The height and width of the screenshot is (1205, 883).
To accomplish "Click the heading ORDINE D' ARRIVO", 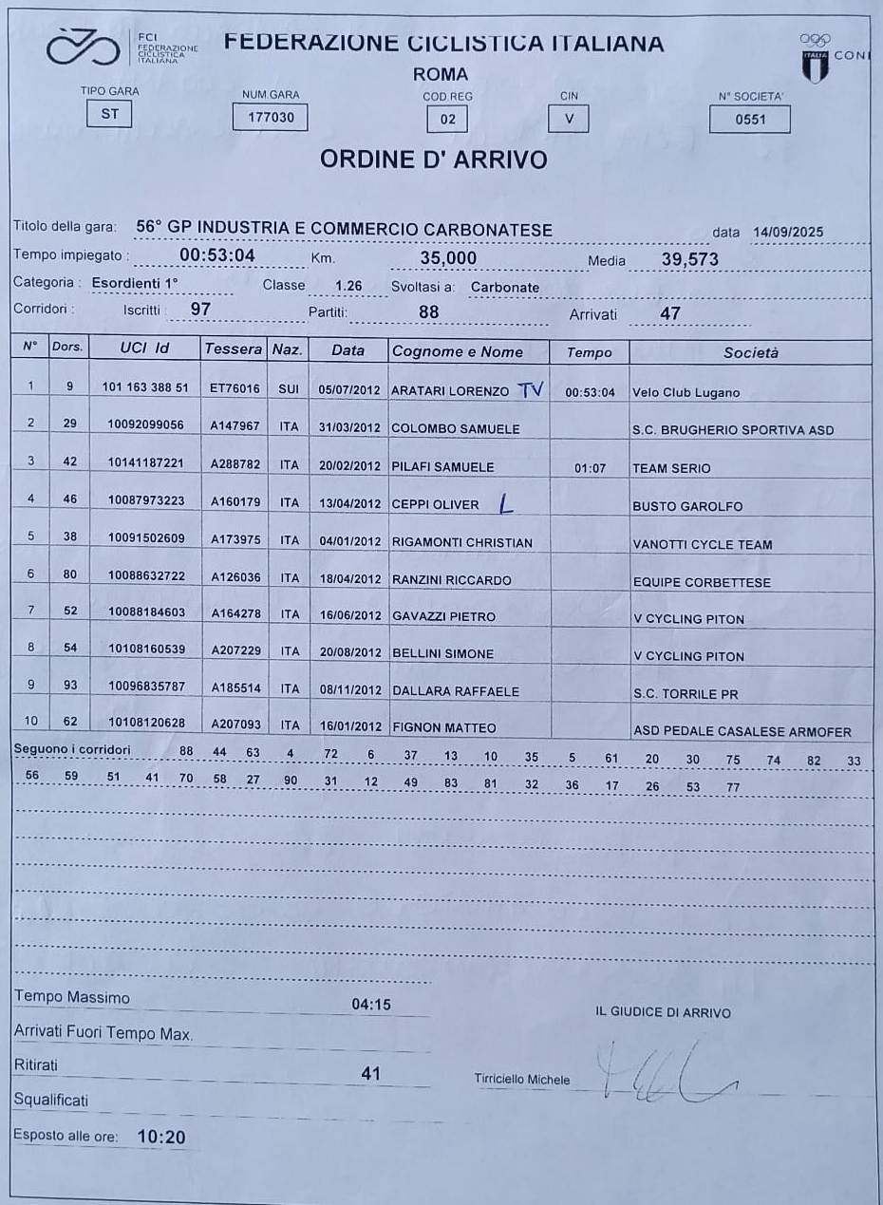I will pyautogui.click(x=433, y=160).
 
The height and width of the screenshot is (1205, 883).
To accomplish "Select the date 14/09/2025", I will pyautogui.click(x=787, y=233).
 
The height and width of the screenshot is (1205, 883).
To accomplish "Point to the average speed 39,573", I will pyautogui.click(x=689, y=259).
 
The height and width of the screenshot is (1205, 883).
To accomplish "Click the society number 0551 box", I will pyautogui.click(x=749, y=119).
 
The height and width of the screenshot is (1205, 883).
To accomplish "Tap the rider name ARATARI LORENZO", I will pyautogui.click(x=449, y=391).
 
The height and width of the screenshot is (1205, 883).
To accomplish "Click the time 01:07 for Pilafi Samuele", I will pyautogui.click(x=590, y=467).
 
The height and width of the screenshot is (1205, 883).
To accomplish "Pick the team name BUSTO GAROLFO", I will pyautogui.click(x=687, y=507).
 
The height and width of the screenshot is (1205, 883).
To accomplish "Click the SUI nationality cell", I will pyautogui.click(x=289, y=390).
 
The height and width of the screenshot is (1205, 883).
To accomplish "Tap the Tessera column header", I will pyautogui.click(x=234, y=349).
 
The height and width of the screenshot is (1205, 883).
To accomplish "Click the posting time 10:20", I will pyautogui.click(x=161, y=1137).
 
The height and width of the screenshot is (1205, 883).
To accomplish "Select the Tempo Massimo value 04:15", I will pyautogui.click(x=371, y=1005).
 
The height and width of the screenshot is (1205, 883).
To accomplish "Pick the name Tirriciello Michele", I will pyautogui.click(x=522, y=1080).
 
